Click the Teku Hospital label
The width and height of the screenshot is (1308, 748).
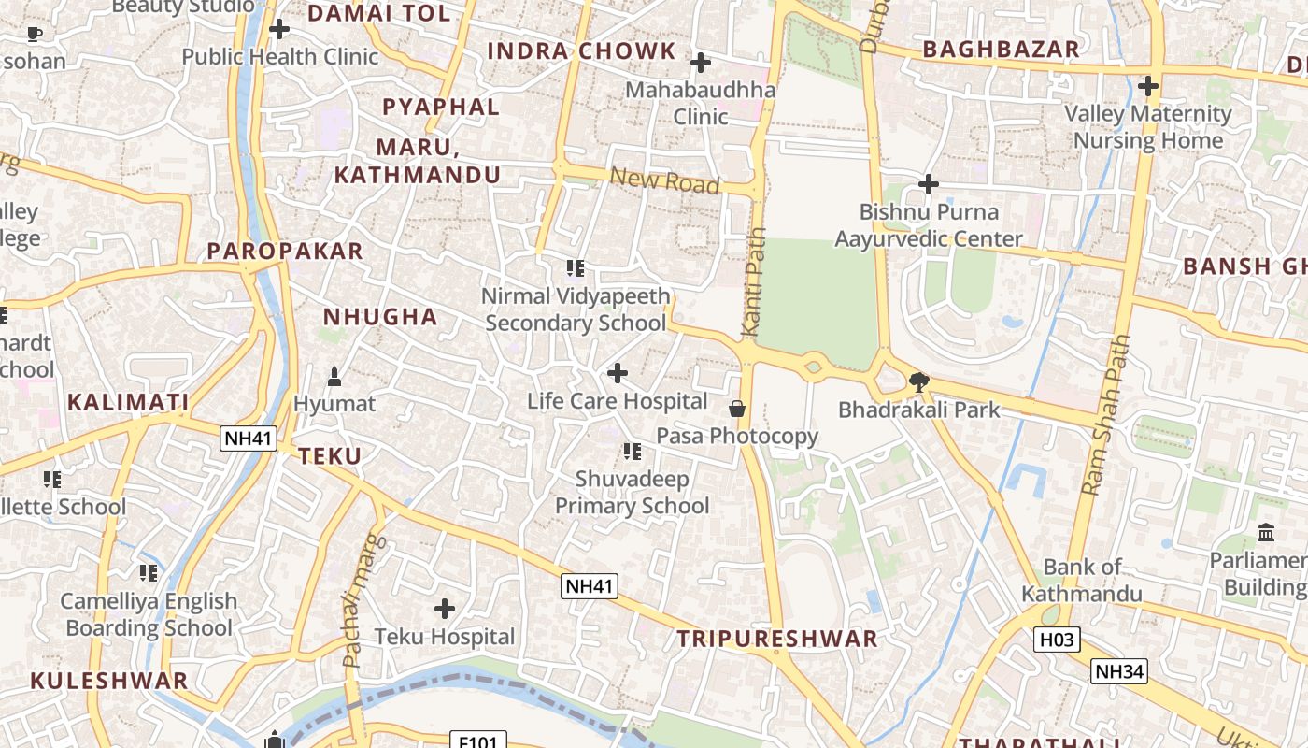click(445, 637)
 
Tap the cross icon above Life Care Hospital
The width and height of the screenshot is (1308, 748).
click(617, 373)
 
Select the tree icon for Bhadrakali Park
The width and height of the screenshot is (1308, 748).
click(919, 381)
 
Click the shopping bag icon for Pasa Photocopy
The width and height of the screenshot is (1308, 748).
click(737, 409)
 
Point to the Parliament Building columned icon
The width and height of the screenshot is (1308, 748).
click(1266, 532)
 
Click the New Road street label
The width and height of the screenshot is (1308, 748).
click(664, 180)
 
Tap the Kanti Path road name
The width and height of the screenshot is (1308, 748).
click(754, 281)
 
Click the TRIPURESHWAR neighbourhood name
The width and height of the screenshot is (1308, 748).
click(777, 639)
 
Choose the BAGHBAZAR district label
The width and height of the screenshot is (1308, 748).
click(1001, 50)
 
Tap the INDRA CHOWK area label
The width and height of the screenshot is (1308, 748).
click(581, 51)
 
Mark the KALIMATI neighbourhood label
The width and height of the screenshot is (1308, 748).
click(128, 403)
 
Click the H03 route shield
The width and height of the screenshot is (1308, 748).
click(1057, 640)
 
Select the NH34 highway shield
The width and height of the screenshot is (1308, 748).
click(1119, 671)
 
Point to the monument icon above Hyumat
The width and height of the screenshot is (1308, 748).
click(334, 377)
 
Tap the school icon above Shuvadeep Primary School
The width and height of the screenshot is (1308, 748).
click(633, 452)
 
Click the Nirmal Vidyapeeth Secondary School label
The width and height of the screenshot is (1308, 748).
click(576, 309)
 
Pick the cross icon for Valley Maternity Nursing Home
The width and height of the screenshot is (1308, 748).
click(1148, 86)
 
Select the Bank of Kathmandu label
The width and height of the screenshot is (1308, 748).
click(1082, 580)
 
